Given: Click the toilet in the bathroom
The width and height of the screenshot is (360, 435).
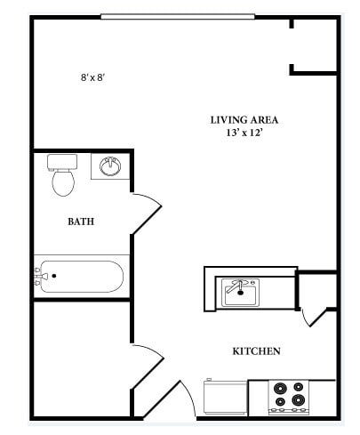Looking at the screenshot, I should (62, 177).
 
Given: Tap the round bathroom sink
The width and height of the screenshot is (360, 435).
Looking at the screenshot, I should (110, 166).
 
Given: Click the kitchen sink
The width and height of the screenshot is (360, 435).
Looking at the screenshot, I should (240, 292).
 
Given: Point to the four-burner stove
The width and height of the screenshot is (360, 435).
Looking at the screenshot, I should (290, 395).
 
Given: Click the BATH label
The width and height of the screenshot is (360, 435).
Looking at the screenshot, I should (81, 222).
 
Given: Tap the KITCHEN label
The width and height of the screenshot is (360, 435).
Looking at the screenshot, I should (257, 351).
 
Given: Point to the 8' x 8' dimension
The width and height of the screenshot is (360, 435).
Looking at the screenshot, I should (93, 77).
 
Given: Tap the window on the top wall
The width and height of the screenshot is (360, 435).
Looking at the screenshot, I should (178, 16).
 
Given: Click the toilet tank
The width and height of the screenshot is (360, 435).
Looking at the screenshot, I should (61, 162).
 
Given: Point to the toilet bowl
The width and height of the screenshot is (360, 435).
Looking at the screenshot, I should (63, 183).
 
